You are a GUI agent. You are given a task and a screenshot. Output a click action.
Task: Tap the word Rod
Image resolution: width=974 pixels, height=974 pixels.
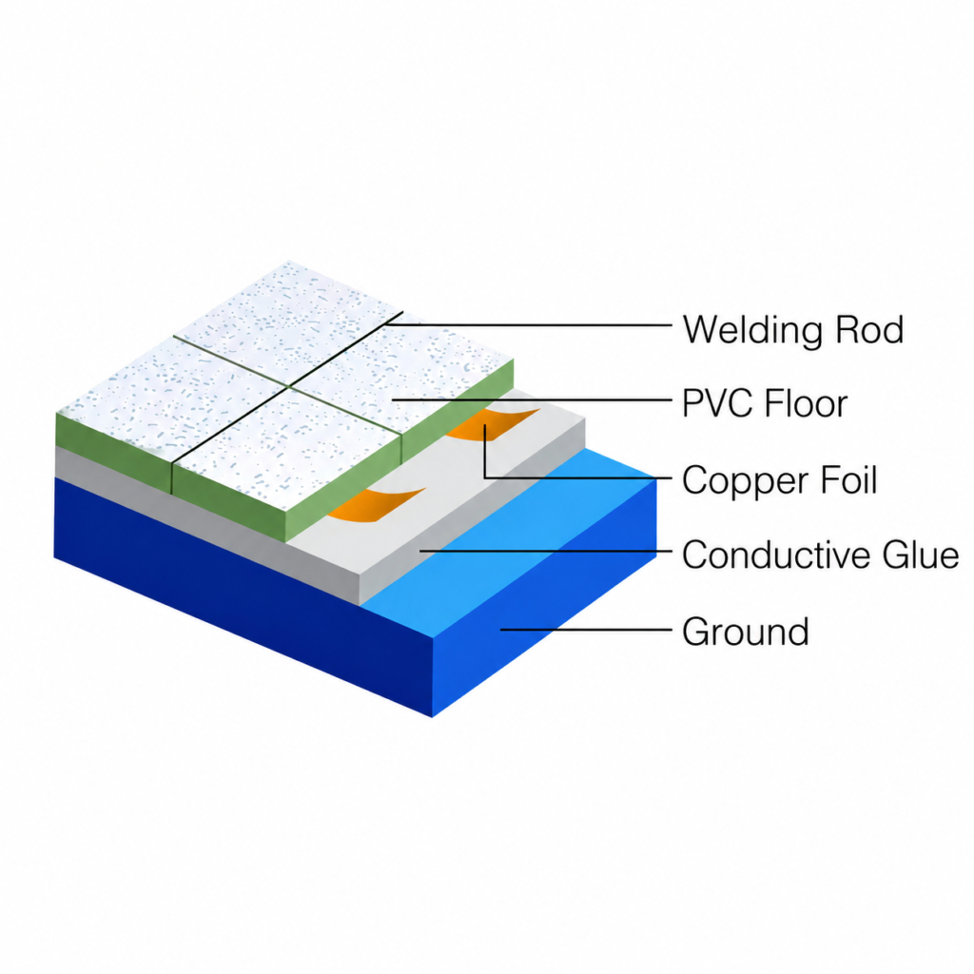pos(869,329)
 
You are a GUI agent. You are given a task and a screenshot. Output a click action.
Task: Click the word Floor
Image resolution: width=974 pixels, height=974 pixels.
pos(807,403)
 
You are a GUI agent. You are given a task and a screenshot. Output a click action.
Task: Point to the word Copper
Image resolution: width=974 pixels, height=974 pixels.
pos(746,481)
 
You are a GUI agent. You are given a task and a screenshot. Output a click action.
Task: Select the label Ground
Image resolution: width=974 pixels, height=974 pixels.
pos(746,632)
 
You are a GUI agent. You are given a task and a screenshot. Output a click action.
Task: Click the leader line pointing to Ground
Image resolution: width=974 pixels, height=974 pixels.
pos(586,630)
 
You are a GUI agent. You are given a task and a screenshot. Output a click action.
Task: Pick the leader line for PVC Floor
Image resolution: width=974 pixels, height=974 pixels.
pos(533,399)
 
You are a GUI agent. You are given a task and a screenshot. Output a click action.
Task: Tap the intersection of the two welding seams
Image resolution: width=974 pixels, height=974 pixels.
pos(289,386)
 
